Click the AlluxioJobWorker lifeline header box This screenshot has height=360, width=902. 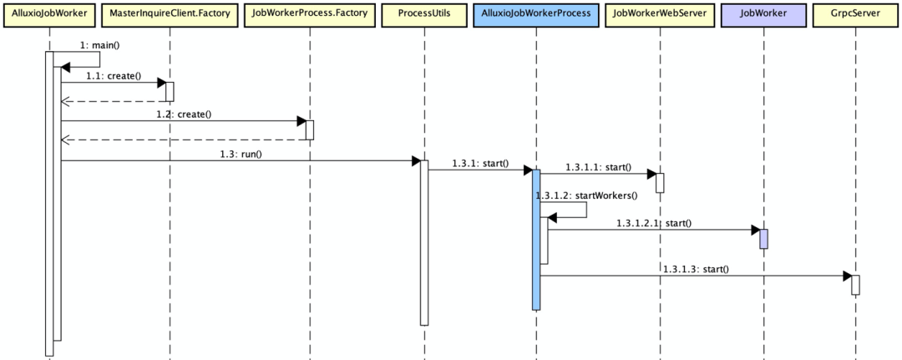tap(49, 14)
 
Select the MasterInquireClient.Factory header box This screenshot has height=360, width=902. tap(170, 14)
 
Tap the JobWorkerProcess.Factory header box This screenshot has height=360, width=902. tap(309, 14)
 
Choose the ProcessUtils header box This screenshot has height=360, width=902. tap(423, 14)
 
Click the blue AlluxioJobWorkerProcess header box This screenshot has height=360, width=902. tap(535, 14)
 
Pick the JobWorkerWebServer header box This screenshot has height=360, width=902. tap(659, 14)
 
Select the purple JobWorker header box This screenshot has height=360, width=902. tap(763, 14)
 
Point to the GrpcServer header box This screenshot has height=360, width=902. tap(855, 14)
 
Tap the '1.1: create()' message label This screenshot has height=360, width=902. tap(114, 75)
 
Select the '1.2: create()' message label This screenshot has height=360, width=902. tap(184, 114)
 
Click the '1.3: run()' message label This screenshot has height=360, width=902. tap(242, 154)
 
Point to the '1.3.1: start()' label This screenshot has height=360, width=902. tap(480, 163)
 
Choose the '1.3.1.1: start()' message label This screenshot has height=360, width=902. tap(598, 167)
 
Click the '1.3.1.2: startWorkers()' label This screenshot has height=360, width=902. tap(586, 195)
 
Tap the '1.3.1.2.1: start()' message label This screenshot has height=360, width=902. tap(654, 223)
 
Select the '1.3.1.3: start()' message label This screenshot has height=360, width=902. tap(696, 269)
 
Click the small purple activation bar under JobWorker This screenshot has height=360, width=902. tap(763, 239)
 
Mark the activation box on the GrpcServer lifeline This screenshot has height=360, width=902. tap(855, 285)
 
